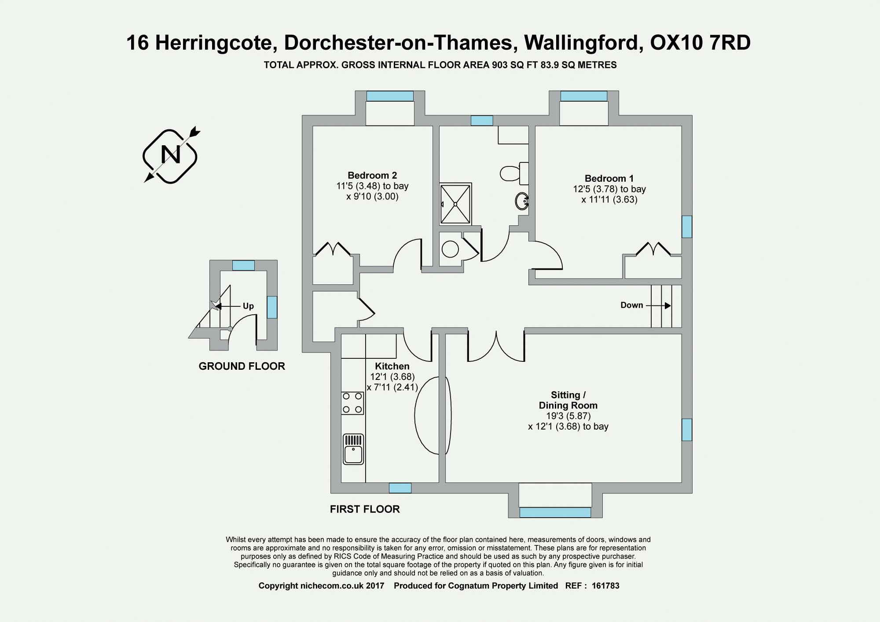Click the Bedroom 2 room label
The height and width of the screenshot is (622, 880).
pos(372,175)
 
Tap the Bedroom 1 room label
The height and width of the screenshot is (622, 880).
pos(609,178)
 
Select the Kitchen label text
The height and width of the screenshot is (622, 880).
pos(392,366)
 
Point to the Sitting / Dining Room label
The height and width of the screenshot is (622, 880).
pos(568,400)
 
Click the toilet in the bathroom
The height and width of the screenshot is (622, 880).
pos(513,173)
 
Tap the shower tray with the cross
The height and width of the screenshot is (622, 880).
pos(455,204)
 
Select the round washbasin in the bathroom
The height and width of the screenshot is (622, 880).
pos(522,202)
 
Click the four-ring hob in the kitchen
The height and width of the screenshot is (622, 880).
pos(352,403)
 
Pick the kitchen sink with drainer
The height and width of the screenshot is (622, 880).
pos(353,449)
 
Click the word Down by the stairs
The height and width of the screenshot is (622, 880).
pos(631,305)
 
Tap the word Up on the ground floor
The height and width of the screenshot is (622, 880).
pos(248,306)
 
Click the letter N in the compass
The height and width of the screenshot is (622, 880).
pos(171,155)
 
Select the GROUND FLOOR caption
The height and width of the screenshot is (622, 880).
pos(242,366)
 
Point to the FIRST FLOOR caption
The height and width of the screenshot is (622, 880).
pos(365,509)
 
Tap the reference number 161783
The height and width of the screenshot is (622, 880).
pos(605,586)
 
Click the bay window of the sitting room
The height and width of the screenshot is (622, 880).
pos(555,512)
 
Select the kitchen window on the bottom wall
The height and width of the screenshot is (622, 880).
pos(400,488)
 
